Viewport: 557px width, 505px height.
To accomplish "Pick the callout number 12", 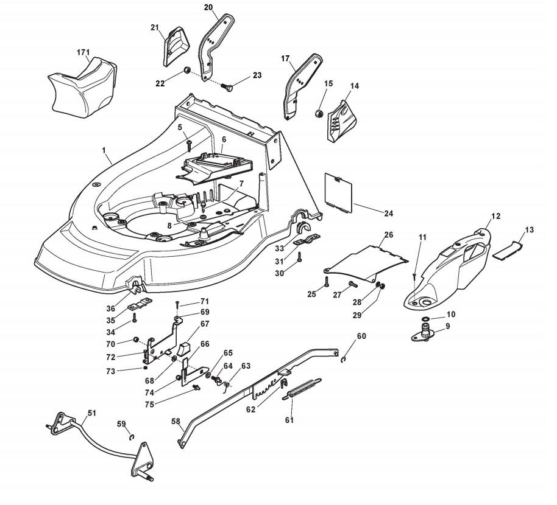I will [495, 217].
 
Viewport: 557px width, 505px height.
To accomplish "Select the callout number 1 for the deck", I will [104, 150].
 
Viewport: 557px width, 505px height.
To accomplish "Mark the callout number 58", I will [176, 421].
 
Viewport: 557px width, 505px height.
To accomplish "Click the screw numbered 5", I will [190, 144].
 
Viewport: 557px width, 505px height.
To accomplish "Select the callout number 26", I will [389, 235].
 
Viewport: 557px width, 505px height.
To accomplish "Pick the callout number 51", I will [91, 413].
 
